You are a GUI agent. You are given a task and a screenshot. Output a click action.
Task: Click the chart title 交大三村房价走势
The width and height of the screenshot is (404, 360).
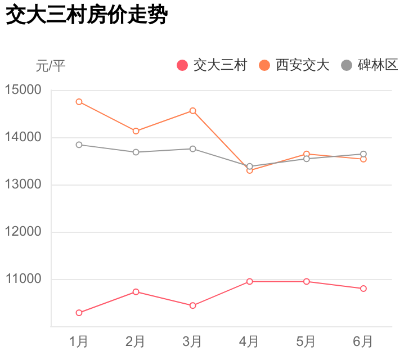pos(87,16)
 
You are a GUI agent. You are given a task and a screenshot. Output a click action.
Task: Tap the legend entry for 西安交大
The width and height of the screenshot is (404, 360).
pos(294,65)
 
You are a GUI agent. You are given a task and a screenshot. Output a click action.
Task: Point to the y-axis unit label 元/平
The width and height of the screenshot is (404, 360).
pos(51,66)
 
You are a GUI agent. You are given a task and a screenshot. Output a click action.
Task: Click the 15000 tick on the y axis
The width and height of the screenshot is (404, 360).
pos(23,90)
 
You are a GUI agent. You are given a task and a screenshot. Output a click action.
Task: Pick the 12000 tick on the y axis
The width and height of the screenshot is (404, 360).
pos(23,232)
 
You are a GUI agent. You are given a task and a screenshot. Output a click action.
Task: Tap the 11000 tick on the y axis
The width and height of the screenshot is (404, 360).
pos(23,279)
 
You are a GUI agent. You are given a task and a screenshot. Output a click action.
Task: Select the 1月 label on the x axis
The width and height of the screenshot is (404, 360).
pos(79,341)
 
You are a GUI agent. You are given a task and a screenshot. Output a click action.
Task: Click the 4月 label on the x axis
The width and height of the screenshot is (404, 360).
pos(249,341)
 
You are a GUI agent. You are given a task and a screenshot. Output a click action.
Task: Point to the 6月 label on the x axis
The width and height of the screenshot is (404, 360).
pos(363,341)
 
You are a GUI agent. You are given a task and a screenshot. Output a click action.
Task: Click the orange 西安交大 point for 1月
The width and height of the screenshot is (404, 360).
pos(79,102)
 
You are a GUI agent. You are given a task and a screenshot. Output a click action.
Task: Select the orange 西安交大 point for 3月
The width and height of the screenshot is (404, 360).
pos(193,111)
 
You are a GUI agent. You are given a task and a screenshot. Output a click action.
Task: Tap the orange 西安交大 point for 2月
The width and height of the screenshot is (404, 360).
pos(136,131)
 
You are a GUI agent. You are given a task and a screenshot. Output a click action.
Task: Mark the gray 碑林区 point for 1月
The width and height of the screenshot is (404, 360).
pos(79,145)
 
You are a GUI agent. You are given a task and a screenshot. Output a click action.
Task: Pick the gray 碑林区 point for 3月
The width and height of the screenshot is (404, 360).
pos(193,148)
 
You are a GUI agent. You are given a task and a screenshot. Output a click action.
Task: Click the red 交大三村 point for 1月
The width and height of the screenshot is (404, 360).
pos(79,313)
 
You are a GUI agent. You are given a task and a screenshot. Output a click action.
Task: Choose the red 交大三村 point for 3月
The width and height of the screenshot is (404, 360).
pos(193,305)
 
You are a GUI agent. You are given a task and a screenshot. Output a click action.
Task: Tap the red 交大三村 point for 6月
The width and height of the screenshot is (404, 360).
pos(363,289)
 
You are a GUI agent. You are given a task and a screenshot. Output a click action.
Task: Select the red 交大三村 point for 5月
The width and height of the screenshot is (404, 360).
pos(307,281)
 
